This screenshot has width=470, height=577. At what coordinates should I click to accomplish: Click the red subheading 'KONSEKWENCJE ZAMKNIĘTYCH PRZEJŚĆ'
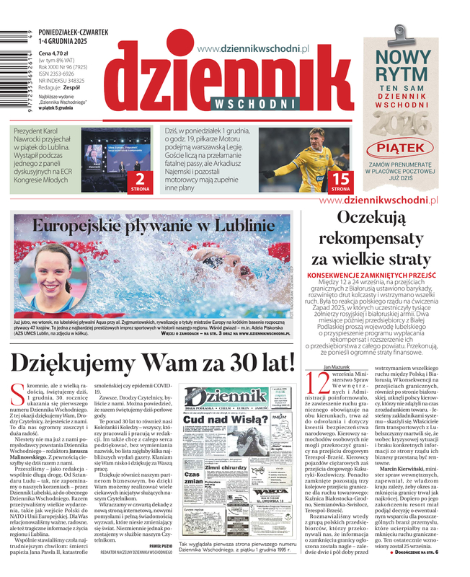[x=381, y=276]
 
